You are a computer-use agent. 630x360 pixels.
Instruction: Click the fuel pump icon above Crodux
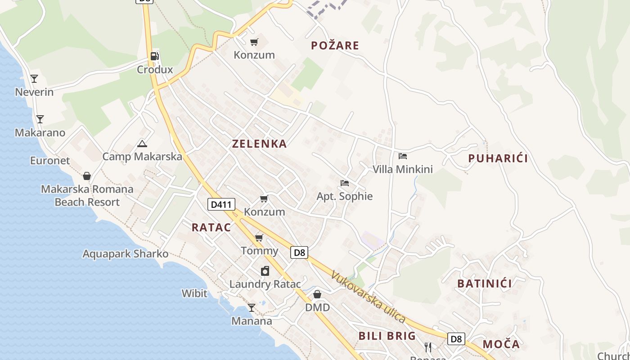pyautogui.click(x=154, y=56)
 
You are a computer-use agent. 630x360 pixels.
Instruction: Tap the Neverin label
pyautogui.click(x=34, y=92)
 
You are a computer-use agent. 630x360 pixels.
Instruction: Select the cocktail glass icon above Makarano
pyautogui.click(x=40, y=119)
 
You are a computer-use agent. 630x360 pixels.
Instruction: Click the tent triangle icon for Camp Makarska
pyautogui.click(x=142, y=144)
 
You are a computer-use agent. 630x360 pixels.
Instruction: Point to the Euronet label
pyautogui.click(x=50, y=161)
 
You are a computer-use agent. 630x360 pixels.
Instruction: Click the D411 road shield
pyautogui.click(x=221, y=205)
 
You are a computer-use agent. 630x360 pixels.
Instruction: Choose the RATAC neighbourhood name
pyautogui.click(x=211, y=228)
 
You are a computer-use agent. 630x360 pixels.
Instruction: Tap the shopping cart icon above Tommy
pyautogui.click(x=259, y=238)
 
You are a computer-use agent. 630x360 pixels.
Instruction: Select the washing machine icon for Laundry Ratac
pyautogui.click(x=265, y=271)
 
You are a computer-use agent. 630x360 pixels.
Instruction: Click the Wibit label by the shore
pyautogui.click(x=194, y=294)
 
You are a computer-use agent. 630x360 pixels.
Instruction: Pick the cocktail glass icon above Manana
pyautogui.click(x=252, y=308)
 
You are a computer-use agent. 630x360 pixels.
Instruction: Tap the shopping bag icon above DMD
pyautogui.click(x=317, y=294)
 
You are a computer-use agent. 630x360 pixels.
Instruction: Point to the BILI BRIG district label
pyautogui.click(x=387, y=336)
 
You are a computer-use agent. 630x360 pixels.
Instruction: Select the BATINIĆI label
pyautogui.click(x=485, y=283)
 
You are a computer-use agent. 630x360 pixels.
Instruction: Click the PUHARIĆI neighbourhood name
pyautogui.click(x=498, y=158)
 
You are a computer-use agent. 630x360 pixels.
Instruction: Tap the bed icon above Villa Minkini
pyautogui.click(x=403, y=156)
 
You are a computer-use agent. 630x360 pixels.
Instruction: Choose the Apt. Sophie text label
pyautogui.click(x=345, y=196)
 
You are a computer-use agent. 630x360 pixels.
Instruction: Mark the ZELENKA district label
pyautogui.click(x=259, y=144)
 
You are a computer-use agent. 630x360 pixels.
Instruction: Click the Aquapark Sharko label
pyautogui.click(x=125, y=254)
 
